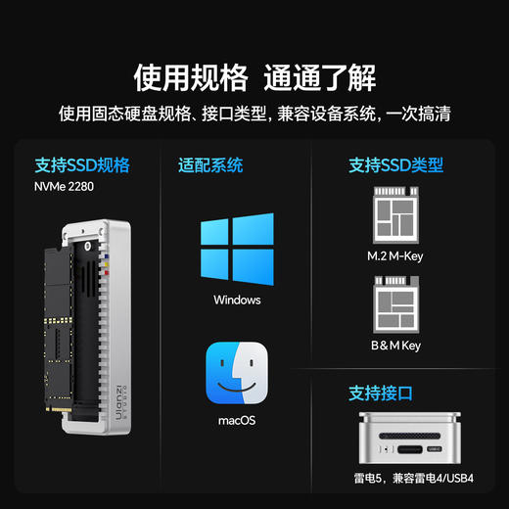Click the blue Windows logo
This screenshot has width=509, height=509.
237,248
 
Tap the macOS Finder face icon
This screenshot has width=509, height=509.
237,373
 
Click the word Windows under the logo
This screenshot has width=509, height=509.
237,300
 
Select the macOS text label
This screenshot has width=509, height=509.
237,421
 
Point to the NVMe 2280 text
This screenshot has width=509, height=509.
65,186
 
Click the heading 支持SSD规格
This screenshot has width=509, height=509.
81,164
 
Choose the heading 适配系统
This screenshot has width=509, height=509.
210,164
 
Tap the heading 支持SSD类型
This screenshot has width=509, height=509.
395,164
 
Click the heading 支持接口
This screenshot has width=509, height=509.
381,393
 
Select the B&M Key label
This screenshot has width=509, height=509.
395,346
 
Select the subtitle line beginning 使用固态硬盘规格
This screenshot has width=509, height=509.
254,114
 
